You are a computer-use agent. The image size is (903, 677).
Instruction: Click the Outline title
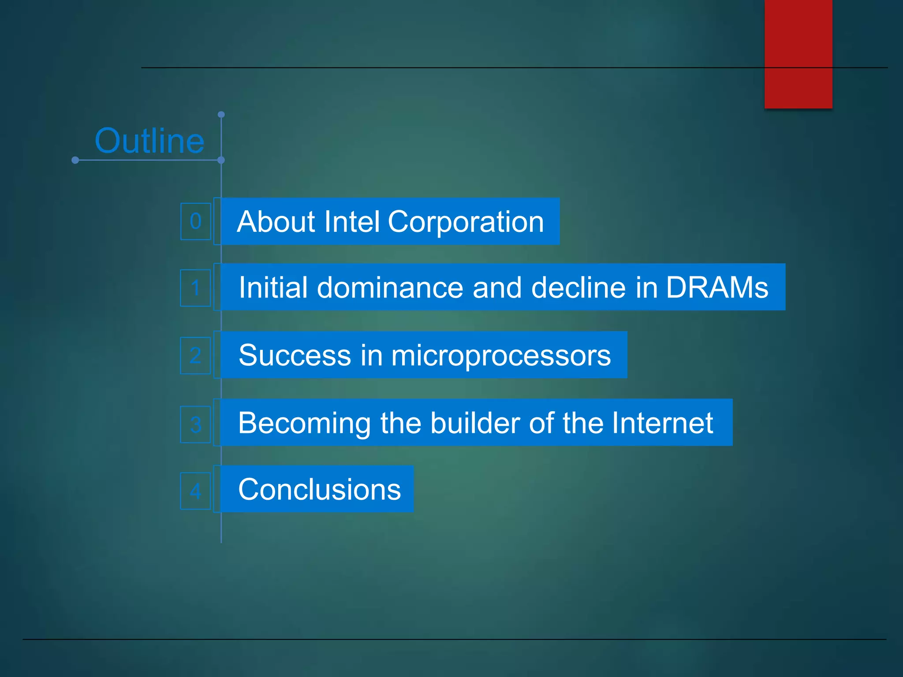[149, 141]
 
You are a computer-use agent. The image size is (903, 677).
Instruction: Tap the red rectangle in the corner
[798, 54]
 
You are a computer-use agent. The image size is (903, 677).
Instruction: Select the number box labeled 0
[195, 221]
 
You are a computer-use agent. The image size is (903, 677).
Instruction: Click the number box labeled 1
[195, 288]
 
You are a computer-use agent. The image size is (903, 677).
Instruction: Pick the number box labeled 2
[195, 355]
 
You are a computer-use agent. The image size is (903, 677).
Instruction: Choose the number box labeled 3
[195, 424]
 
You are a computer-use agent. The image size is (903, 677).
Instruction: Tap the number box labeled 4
[195, 491]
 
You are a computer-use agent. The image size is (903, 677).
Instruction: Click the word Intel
[351, 221]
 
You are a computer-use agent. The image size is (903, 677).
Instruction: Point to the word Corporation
[466, 221]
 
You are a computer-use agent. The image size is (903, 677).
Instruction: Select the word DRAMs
[717, 287]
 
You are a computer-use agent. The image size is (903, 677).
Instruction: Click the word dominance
[390, 287]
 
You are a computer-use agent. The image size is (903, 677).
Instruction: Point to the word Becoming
[304, 423]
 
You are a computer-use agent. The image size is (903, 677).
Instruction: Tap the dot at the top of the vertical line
[221, 115]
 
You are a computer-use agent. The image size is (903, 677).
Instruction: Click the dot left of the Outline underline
[75, 160]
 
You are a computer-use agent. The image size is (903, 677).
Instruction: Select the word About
[276, 221]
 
